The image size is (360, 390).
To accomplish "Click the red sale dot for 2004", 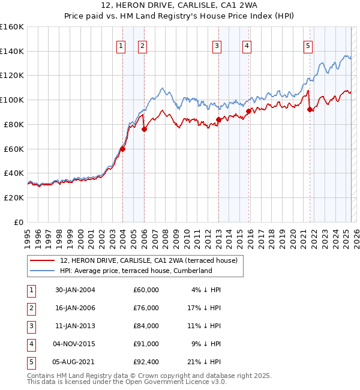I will click(122, 149).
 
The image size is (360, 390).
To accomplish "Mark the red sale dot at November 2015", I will click(248, 111).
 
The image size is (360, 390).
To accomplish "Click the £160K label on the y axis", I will click(12, 27).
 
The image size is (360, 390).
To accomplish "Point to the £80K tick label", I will click(14, 124).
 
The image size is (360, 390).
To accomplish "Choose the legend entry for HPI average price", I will click(136, 271).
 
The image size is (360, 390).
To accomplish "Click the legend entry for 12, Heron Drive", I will click(149, 260).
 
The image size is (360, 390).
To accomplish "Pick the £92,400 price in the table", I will click(146, 362).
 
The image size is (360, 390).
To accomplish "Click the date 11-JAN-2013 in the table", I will click(75, 326).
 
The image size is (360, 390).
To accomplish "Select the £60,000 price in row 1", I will click(146, 290).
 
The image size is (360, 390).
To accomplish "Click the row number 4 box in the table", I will click(30, 344).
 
